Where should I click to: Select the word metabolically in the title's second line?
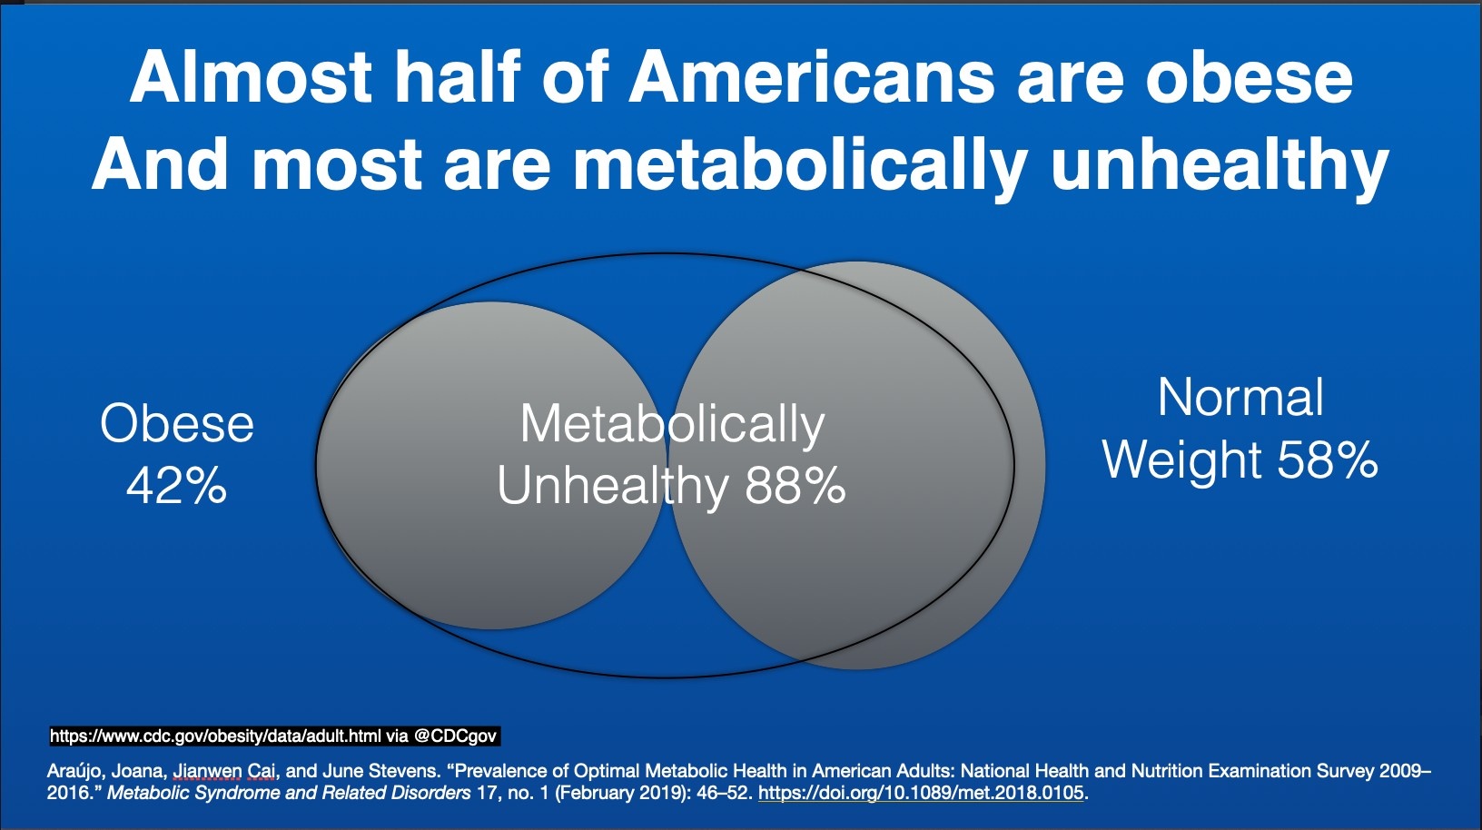click(x=800, y=165)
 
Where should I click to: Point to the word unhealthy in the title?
click(x=1219, y=165)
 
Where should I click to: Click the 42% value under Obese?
click(x=176, y=486)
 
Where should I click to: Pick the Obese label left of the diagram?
click(x=177, y=424)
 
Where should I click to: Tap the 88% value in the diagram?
click(x=795, y=486)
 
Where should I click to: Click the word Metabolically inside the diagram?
click(x=672, y=424)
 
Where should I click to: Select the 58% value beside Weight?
click(x=1328, y=459)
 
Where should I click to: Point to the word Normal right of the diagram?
click(x=1240, y=398)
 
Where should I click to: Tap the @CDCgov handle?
click(x=455, y=736)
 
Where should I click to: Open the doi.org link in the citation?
click(x=921, y=793)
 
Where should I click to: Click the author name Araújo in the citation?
click(x=76, y=771)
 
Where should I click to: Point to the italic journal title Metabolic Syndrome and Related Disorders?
click(x=289, y=793)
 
